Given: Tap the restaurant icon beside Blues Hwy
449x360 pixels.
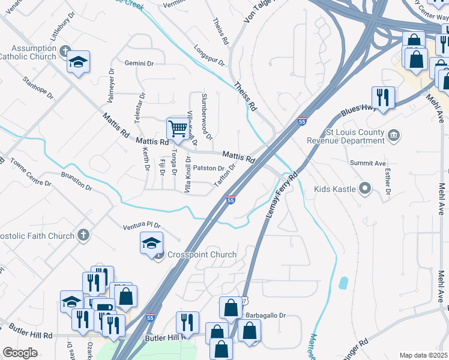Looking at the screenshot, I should pos(382,97).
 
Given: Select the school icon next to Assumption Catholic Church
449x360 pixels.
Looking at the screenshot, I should pos(78,62).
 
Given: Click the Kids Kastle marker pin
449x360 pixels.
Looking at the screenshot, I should pos(364,190).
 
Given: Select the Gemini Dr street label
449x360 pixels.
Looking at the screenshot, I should pos(140,63).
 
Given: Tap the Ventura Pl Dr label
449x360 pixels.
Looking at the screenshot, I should pos(142,226).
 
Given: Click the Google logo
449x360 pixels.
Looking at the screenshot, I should pos(20,353).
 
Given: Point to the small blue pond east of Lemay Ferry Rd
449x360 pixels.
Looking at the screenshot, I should pos(343,283).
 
